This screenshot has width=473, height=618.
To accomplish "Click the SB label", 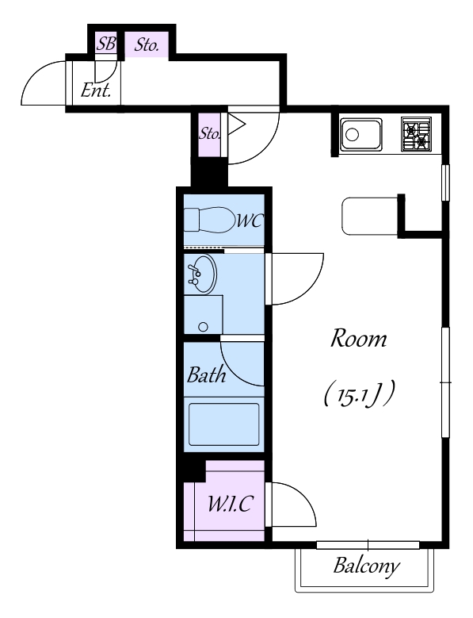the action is pyautogui.click(x=106, y=44).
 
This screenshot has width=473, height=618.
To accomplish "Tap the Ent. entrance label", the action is pyautogui.click(x=96, y=90).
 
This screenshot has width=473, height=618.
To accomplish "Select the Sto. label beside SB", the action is pyautogui.click(x=147, y=45).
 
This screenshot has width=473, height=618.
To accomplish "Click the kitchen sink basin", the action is pyautogui.click(x=360, y=135).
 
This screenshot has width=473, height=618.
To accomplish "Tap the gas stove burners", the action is pyautogui.click(x=416, y=134).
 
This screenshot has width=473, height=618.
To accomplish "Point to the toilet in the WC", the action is pyautogui.click(x=208, y=220).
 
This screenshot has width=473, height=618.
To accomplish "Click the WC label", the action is pyautogui.click(x=249, y=221).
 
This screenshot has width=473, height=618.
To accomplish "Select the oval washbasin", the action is pyautogui.click(x=202, y=274).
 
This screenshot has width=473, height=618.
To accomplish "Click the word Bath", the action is pyautogui.click(x=206, y=374).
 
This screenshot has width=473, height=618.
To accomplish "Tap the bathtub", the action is pyautogui.click(x=224, y=424).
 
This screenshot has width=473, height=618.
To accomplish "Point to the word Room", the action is pyautogui.click(x=358, y=339).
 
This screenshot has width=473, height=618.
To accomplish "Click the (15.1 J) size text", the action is pyautogui.click(x=359, y=393).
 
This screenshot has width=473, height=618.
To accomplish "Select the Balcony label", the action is pyautogui.click(x=366, y=566).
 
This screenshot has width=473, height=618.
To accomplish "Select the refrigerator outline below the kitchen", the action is pyautogui.click(x=369, y=217).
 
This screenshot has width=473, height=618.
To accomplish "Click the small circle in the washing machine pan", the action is pyautogui.click(x=203, y=326).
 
